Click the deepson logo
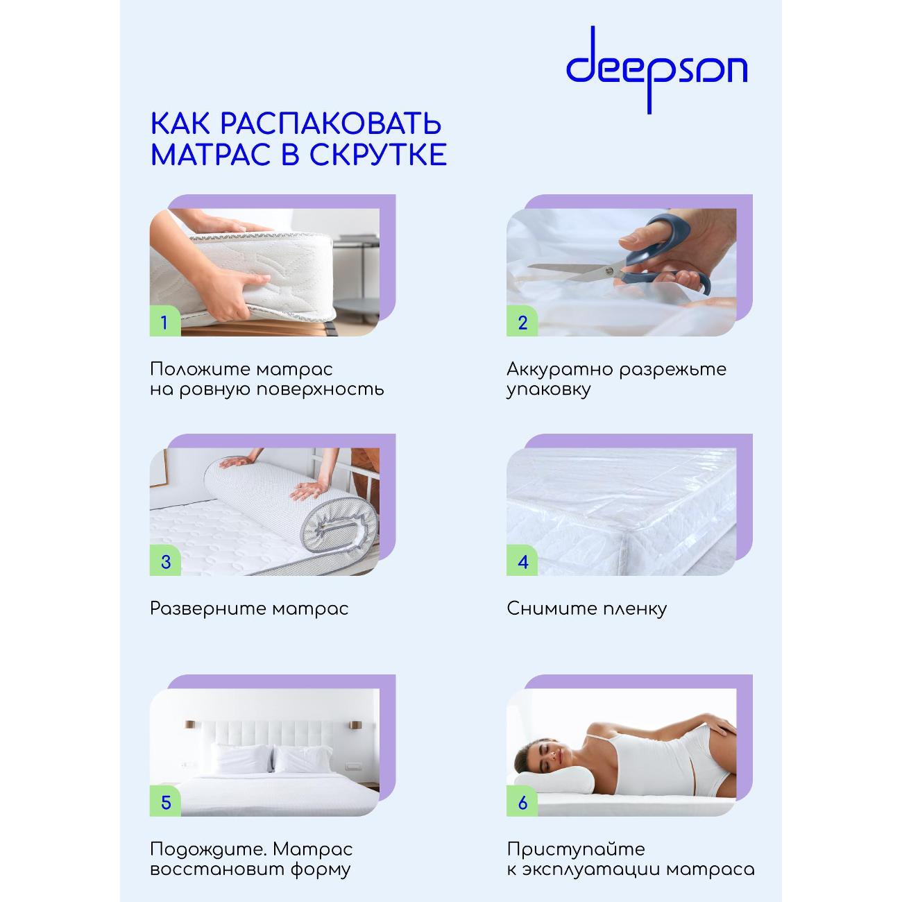click(x=656, y=68)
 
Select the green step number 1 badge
click(x=165, y=322)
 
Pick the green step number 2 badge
click(x=522, y=322)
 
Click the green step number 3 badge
click(x=165, y=561)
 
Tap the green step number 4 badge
click(x=522, y=561)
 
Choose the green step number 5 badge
click(x=165, y=802)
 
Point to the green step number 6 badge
click(x=522, y=802)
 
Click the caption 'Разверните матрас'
click(x=249, y=609)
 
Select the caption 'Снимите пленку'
click(x=586, y=609)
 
